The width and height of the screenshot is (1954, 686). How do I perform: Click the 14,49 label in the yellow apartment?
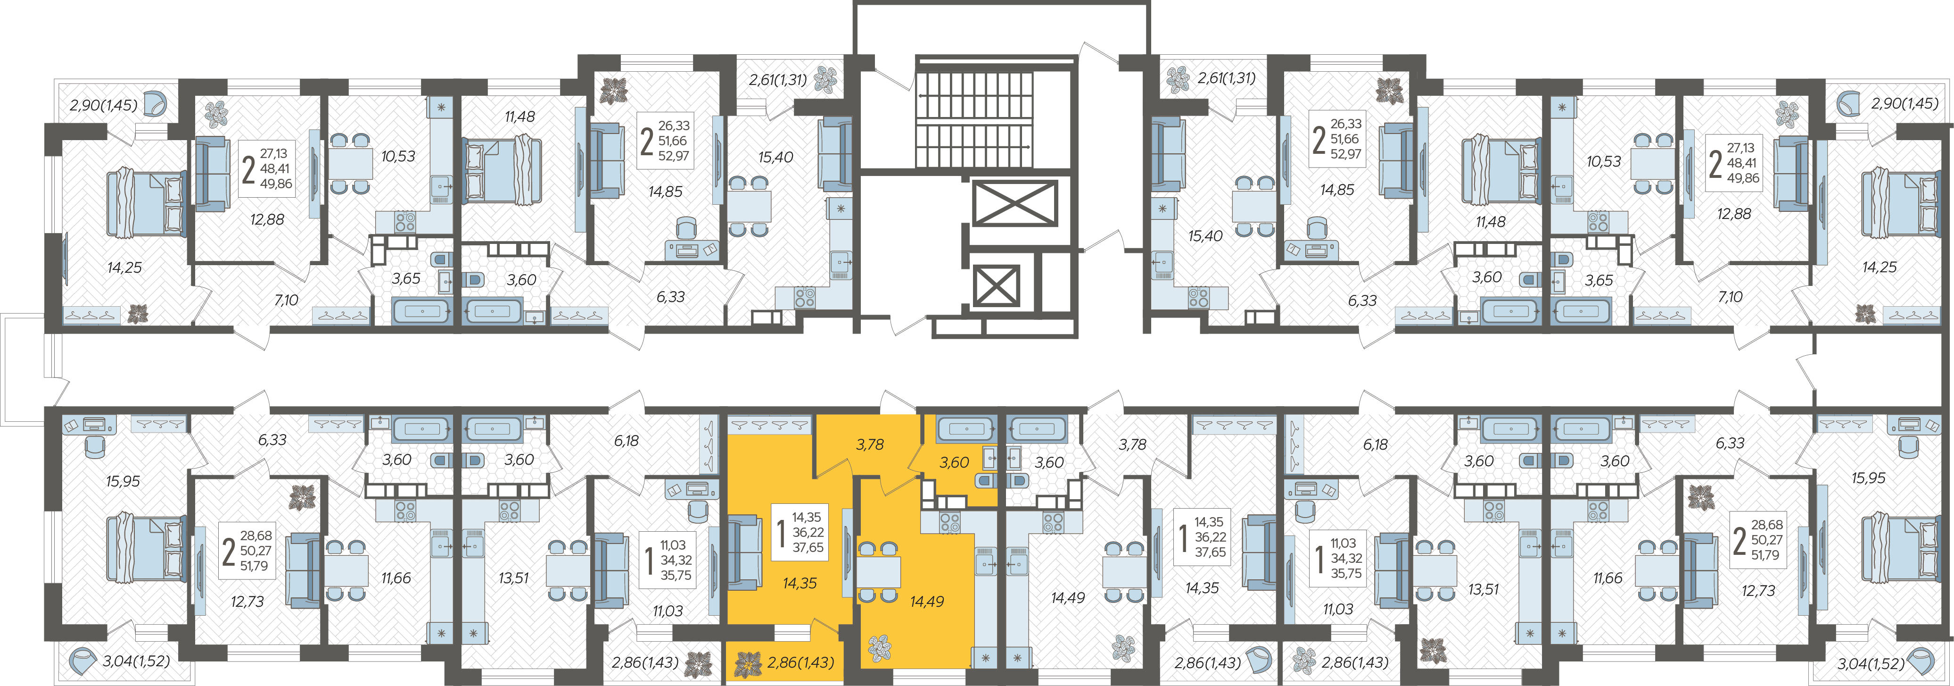(927, 601)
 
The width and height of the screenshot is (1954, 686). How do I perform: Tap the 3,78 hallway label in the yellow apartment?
(869, 445)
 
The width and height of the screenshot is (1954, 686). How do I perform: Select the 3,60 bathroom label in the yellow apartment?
(954, 462)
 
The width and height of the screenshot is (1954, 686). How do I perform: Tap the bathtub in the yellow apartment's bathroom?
(966, 429)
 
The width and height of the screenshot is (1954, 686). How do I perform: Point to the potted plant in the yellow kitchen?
(880, 647)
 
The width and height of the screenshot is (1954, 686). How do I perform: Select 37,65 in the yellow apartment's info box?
(808, 548)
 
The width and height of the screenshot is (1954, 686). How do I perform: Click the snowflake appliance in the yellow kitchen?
(985, 659)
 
